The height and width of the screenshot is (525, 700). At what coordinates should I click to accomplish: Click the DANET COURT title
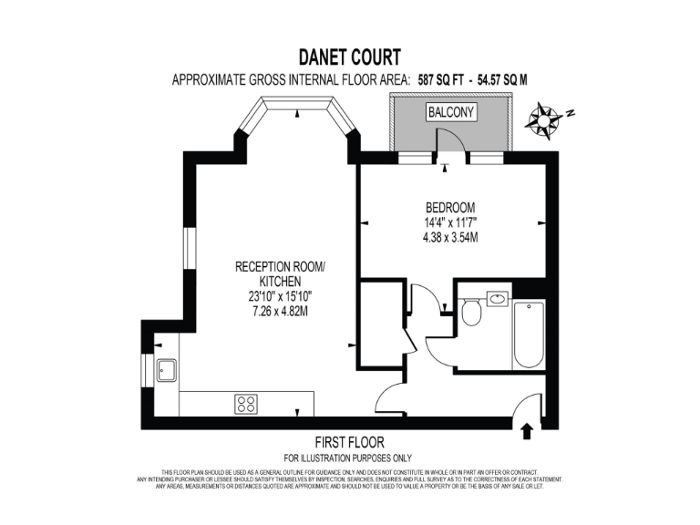[350, 58]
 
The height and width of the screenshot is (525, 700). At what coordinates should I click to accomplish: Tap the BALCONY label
[450, 113]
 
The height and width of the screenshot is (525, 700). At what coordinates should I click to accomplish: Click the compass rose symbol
[547, 120]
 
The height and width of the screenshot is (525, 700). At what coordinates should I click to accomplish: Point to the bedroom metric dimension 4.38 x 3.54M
[451, 237]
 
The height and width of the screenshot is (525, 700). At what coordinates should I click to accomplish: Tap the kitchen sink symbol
[167, 370]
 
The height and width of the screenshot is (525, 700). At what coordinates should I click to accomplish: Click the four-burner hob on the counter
[246, 403]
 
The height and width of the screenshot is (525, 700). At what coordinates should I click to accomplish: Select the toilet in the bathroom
[471, 313]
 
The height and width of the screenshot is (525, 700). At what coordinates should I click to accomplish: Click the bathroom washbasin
[498, 298]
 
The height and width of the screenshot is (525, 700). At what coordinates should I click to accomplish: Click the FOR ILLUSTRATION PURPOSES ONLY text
[348, 458]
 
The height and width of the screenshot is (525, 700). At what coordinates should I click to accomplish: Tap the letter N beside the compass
[571, 115]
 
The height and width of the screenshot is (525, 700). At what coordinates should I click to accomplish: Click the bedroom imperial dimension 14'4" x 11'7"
[451, 221]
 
